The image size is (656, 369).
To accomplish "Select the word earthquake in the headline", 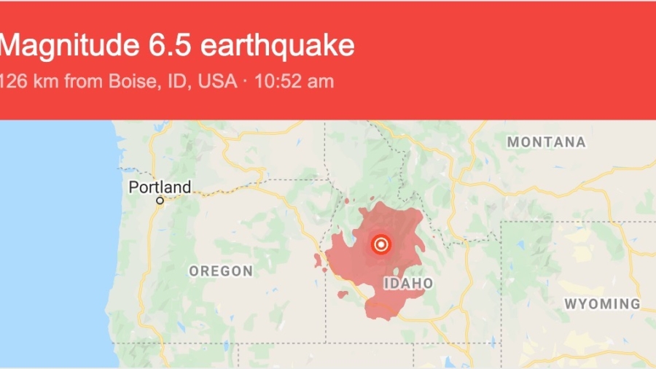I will point(276,46).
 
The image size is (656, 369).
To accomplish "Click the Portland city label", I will point(160,187).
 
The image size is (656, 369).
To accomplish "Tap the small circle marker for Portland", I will point(160,200).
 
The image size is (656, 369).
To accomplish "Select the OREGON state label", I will point(221,271).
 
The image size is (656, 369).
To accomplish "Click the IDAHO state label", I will point(407,283).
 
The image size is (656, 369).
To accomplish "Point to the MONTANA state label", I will point(547,142).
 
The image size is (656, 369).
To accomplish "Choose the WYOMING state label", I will point(602,303).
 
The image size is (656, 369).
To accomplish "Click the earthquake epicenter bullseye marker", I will point(380,245).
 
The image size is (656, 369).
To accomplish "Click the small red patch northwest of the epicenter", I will point(348,200).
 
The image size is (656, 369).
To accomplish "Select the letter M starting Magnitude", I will point(10,46).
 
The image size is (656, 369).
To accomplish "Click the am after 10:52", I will point(321,81).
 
